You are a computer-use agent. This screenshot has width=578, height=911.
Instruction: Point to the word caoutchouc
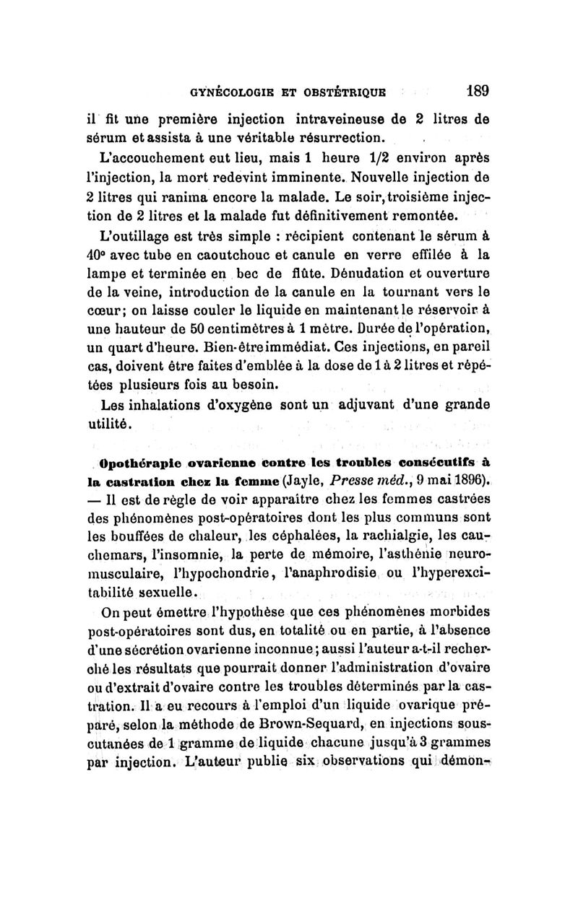pos(215,255)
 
